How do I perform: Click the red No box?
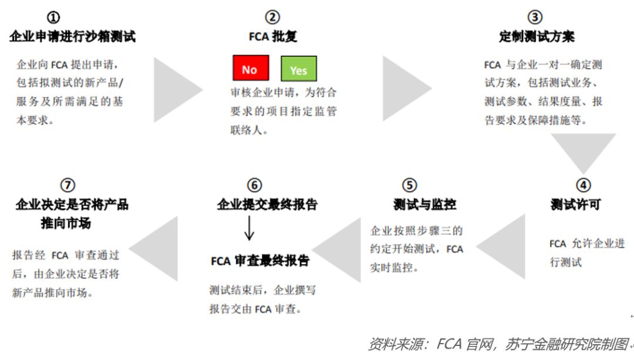tap(251, 68)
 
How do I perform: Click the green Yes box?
tap(299, 69)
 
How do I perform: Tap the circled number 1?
tap(53, 18)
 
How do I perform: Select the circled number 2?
tap(272, 18)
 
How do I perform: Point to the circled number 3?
tap(535, 18)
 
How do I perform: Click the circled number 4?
tap(583, 185)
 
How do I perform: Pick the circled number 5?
tap(410, 185)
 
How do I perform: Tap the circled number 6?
tap(255, 185)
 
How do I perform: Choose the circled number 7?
tap(68, 185)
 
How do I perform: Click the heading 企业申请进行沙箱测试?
tap(72, 36)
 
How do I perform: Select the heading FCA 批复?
tap(273, 36)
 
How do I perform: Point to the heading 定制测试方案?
tap(537, 36)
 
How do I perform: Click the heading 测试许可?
tap(575, 205)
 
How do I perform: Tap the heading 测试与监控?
tap(424, 205)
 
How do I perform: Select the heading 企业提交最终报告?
tap(267, 205)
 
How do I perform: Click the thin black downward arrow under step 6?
tap(249, 228)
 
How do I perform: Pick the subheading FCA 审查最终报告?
tap(260, 261)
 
